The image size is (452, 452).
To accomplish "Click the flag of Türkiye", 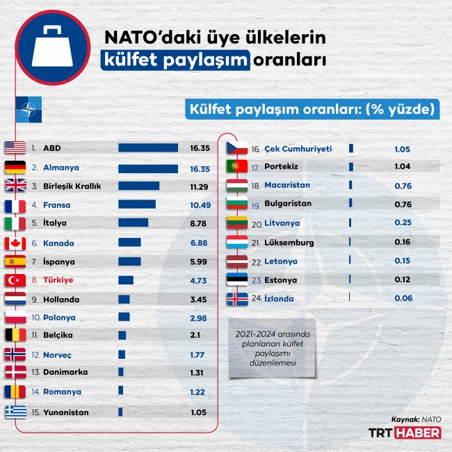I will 15,280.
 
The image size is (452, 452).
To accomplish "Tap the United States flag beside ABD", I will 15,148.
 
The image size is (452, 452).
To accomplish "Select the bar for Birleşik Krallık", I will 139,186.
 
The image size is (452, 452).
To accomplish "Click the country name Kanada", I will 58,243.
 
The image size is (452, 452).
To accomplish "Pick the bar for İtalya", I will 134,223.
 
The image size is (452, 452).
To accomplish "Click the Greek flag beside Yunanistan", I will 15,412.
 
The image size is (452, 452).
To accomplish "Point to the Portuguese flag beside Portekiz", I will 237,167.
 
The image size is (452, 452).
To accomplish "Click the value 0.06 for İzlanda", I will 403,298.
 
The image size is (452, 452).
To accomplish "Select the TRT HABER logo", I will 405,433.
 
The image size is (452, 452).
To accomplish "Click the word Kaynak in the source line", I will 405,420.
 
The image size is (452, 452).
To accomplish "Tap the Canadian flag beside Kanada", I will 15,243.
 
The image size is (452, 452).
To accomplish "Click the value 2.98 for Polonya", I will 197,318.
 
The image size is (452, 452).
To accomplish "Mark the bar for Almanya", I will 148,168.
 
